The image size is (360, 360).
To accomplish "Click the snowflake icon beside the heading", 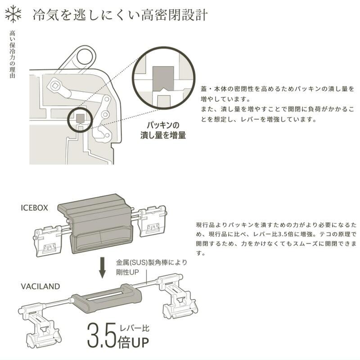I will point(15,14).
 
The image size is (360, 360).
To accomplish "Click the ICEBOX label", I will point(33,208).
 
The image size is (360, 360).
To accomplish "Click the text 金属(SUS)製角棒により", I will point(151,262).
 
